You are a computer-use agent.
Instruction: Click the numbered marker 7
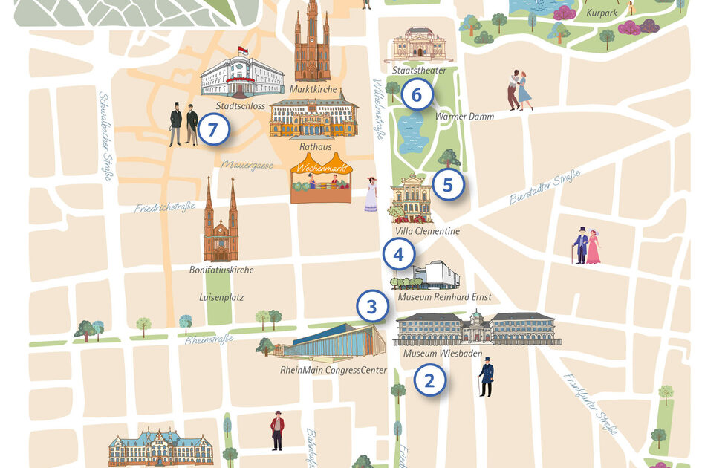[x=213, y=130]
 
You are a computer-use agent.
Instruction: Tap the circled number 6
[x=416, y=95]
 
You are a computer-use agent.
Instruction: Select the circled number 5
[x=447, y=185]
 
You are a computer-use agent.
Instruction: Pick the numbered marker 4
[x=398, y=255]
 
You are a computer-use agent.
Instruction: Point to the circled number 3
[x=371, y=306]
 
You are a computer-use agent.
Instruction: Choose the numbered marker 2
[x=429, y=381]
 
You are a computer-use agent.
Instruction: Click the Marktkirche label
[x=313, y=91]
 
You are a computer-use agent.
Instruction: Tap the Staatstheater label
[x=419, y=71]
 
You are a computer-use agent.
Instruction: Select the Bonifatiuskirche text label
[x=221, y=270]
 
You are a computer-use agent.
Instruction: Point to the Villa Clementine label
[x=427, y=231]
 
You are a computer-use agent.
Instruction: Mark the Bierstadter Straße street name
[x=545, y=187]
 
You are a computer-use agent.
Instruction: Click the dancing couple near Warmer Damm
[x=519, y=90]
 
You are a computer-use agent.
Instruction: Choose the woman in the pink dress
[x=594, y=247]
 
